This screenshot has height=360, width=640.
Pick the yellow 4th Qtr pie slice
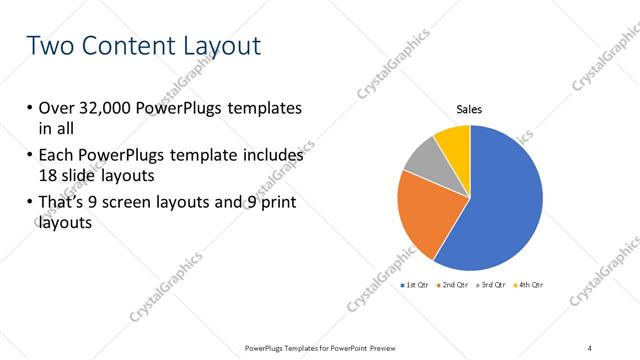454,140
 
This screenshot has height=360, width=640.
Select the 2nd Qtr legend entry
453,285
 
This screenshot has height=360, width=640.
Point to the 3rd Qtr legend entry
490,285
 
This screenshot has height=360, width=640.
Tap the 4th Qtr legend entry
527,285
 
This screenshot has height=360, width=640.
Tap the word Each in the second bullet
58,157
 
